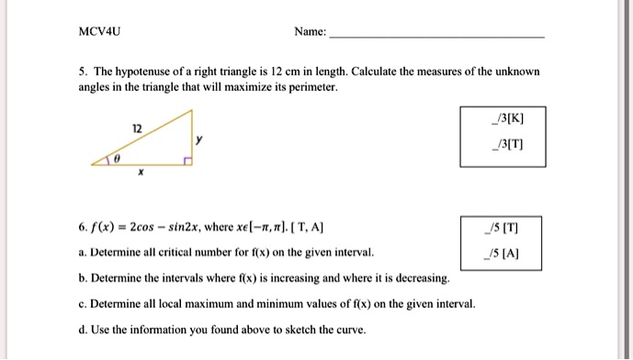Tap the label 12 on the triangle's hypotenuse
[x=137, y=129]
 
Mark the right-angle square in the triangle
[x=187, y=162]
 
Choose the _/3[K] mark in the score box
[x=507, y=118]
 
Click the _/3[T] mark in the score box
[x=507, y=145]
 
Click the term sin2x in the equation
[x=194, y=227]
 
